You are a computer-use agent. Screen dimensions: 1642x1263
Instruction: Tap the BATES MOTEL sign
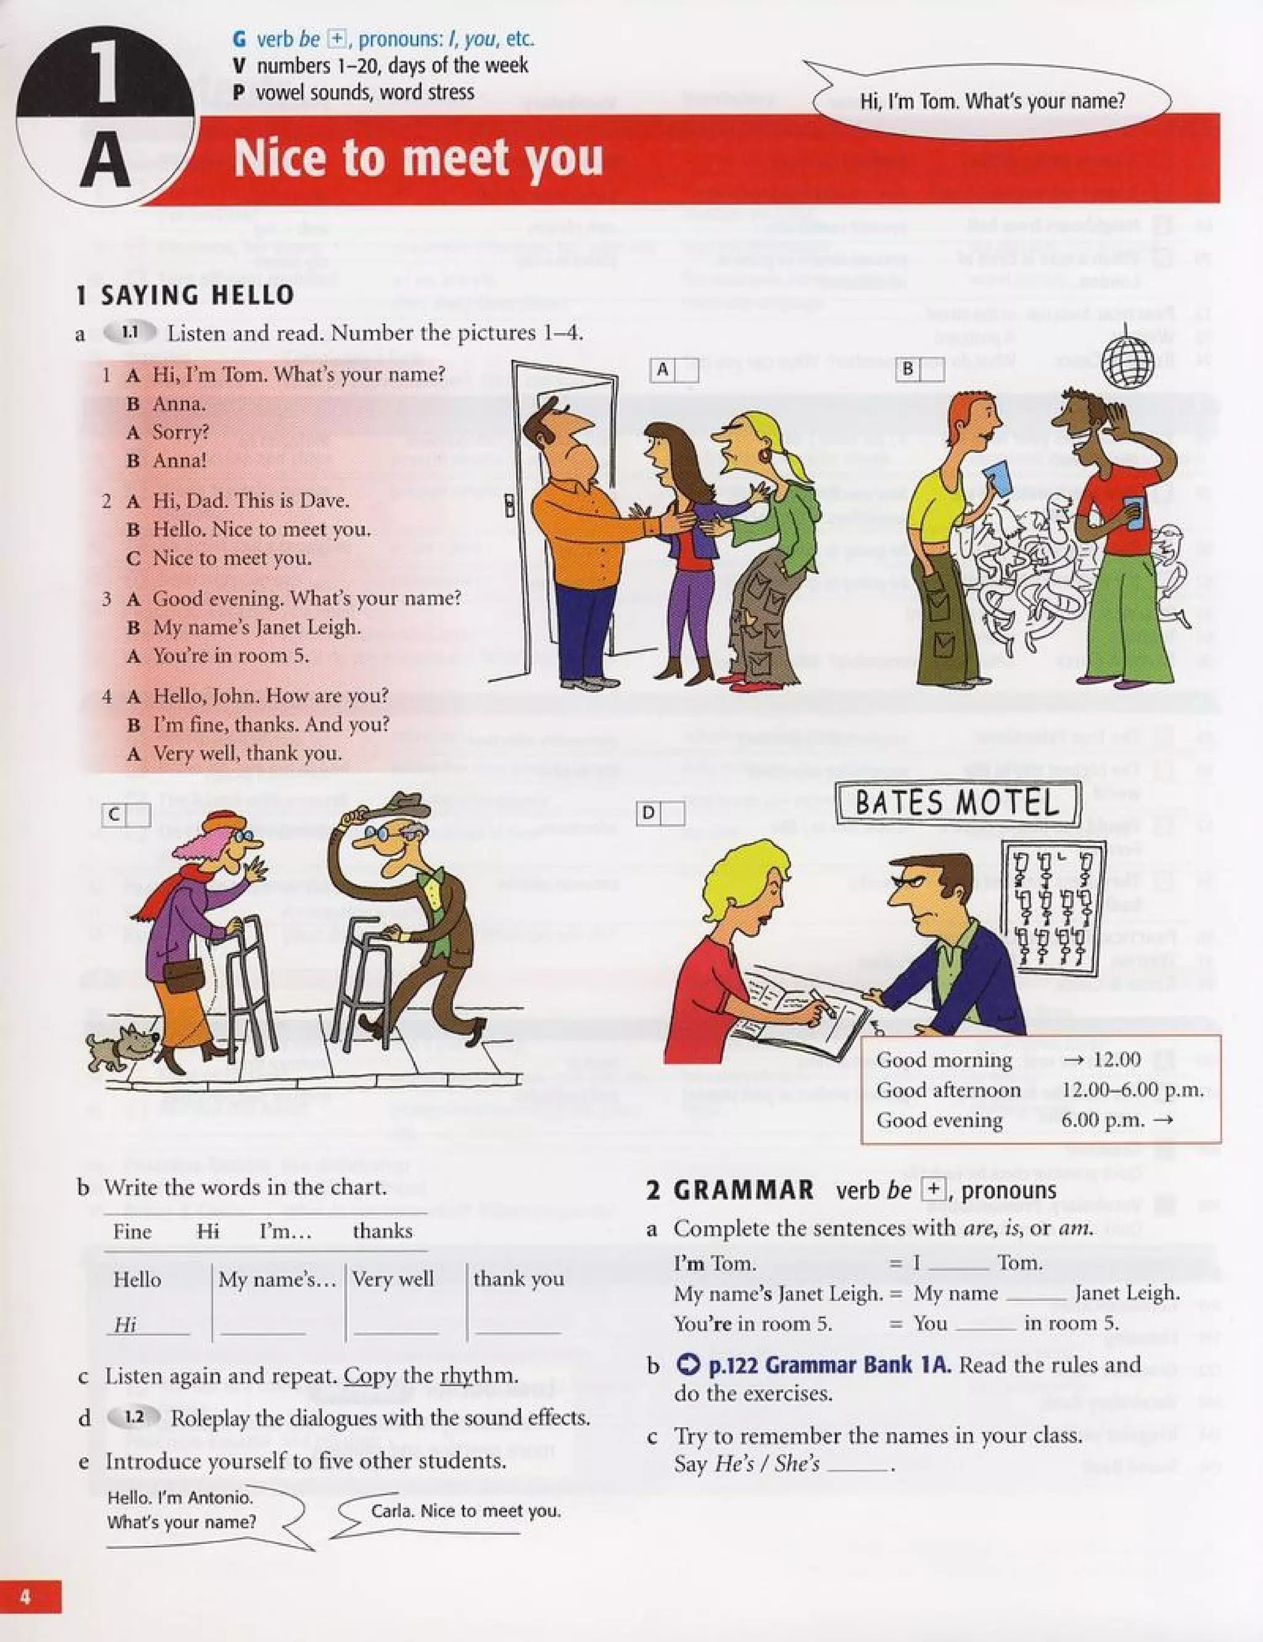point(958,803)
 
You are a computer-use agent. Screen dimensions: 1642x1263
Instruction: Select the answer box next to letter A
point(687,371)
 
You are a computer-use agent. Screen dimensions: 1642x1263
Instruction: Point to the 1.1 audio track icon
point(130,332)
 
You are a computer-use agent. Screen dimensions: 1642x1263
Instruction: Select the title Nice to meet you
point(418,158)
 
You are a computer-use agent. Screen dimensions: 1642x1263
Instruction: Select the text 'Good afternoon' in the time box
point(948,1090)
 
